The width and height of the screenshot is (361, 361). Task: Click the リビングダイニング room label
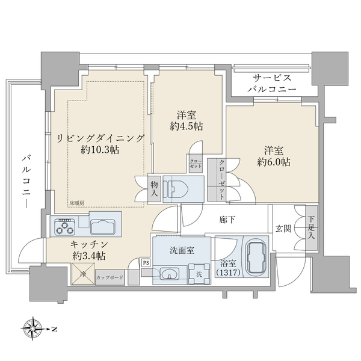point(100,138)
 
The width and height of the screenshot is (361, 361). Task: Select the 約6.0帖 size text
point(274,162)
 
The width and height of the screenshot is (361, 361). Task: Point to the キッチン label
point(88,244)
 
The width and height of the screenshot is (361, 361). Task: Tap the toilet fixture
point(179,186)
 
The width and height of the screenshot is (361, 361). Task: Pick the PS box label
point(146,262)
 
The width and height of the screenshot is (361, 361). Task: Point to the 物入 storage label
point(154,188)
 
